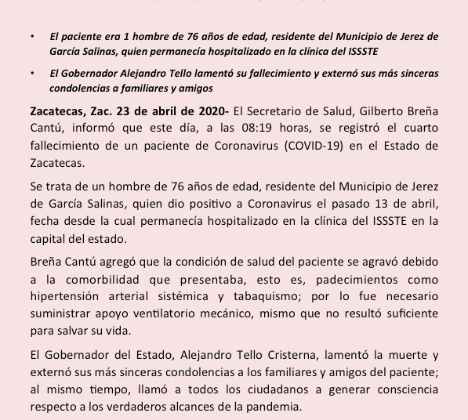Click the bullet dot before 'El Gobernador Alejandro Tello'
(31, 73)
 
